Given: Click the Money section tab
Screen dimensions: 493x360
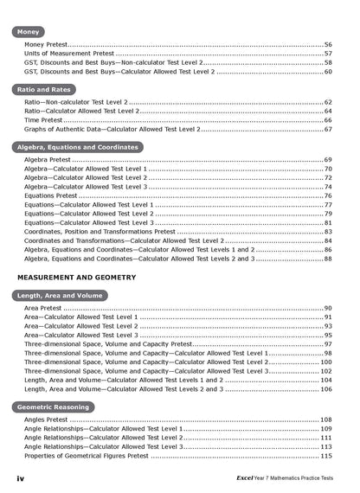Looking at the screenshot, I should (x=30, y=32).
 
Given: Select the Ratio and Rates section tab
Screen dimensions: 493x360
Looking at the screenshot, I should (x=46, y=89).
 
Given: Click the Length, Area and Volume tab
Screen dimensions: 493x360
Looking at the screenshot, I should (x=61, y=295).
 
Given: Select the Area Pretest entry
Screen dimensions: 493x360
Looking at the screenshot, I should (x=42, y=308).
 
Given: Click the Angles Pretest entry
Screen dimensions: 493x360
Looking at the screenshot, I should (x=47, y=419).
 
